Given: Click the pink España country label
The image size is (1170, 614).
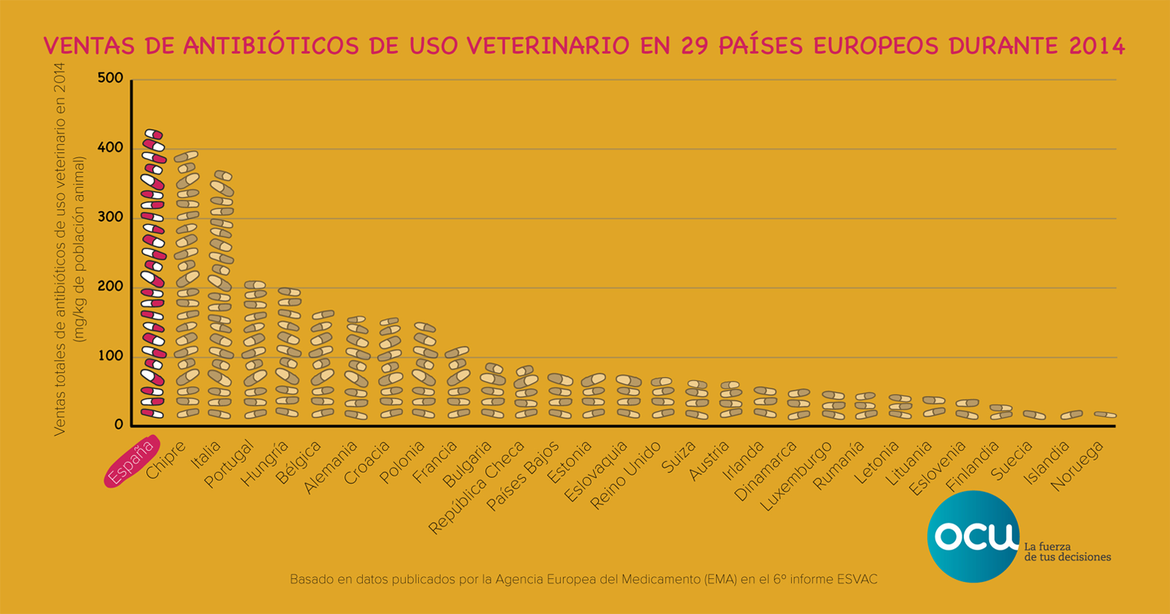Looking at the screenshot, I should (132, 462).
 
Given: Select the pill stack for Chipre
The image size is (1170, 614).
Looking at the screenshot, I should (187, 285).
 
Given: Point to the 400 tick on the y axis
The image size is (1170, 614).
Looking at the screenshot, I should (110, 148).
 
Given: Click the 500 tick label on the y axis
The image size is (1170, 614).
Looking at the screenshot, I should (110, 78).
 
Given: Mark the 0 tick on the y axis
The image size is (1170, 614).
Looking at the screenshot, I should (118, 425).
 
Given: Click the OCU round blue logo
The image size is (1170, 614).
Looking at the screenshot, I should (973, 536).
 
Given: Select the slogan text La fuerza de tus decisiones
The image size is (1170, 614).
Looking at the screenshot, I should (1067, 552).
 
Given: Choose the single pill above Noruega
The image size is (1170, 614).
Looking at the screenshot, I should (1105, 414).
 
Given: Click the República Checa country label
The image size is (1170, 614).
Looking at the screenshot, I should (477, 488).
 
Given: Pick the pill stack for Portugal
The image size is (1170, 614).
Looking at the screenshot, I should (254, 351).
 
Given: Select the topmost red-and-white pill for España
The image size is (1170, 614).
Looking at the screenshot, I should (154, 134).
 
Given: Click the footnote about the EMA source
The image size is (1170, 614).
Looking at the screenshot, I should (584, 580).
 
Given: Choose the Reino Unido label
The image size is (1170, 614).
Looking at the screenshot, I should (627, 476).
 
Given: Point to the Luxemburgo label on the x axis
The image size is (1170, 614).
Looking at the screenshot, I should (796, 477).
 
